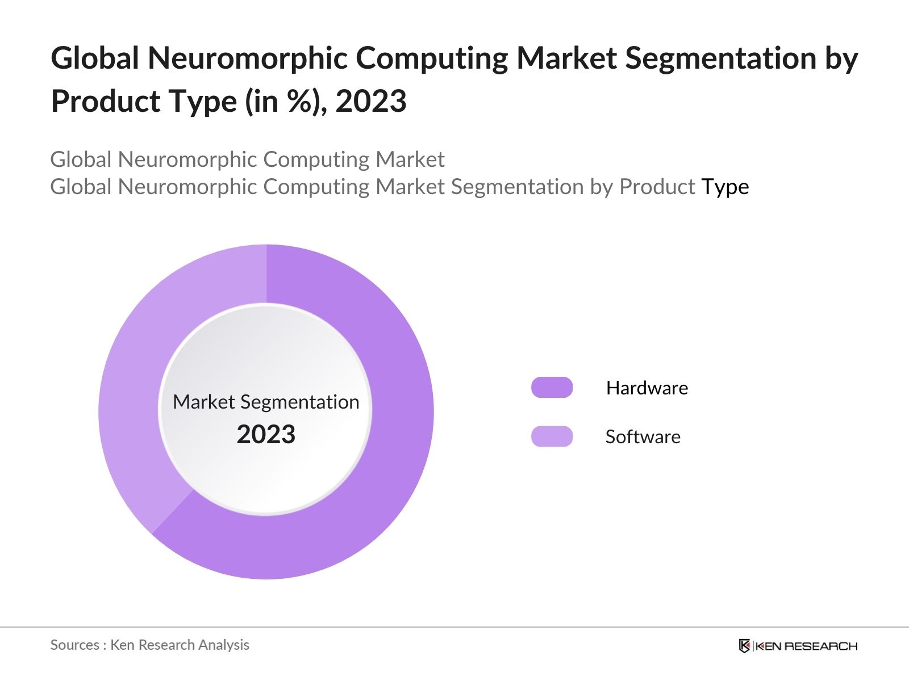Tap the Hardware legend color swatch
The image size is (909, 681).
552,388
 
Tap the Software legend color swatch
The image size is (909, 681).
552,436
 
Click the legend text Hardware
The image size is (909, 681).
647,388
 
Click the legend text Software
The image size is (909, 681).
643,437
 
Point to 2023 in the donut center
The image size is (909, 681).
266,435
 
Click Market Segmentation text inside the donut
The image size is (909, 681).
266,402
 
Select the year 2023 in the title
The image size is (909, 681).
371,102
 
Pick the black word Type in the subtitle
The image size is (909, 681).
725,187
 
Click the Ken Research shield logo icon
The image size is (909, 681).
744,646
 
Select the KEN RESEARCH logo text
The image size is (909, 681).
806,646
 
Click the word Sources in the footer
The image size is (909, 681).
74,645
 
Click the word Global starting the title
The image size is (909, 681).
95,58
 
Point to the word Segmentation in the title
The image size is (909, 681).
720,58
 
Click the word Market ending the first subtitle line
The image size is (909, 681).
410,159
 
